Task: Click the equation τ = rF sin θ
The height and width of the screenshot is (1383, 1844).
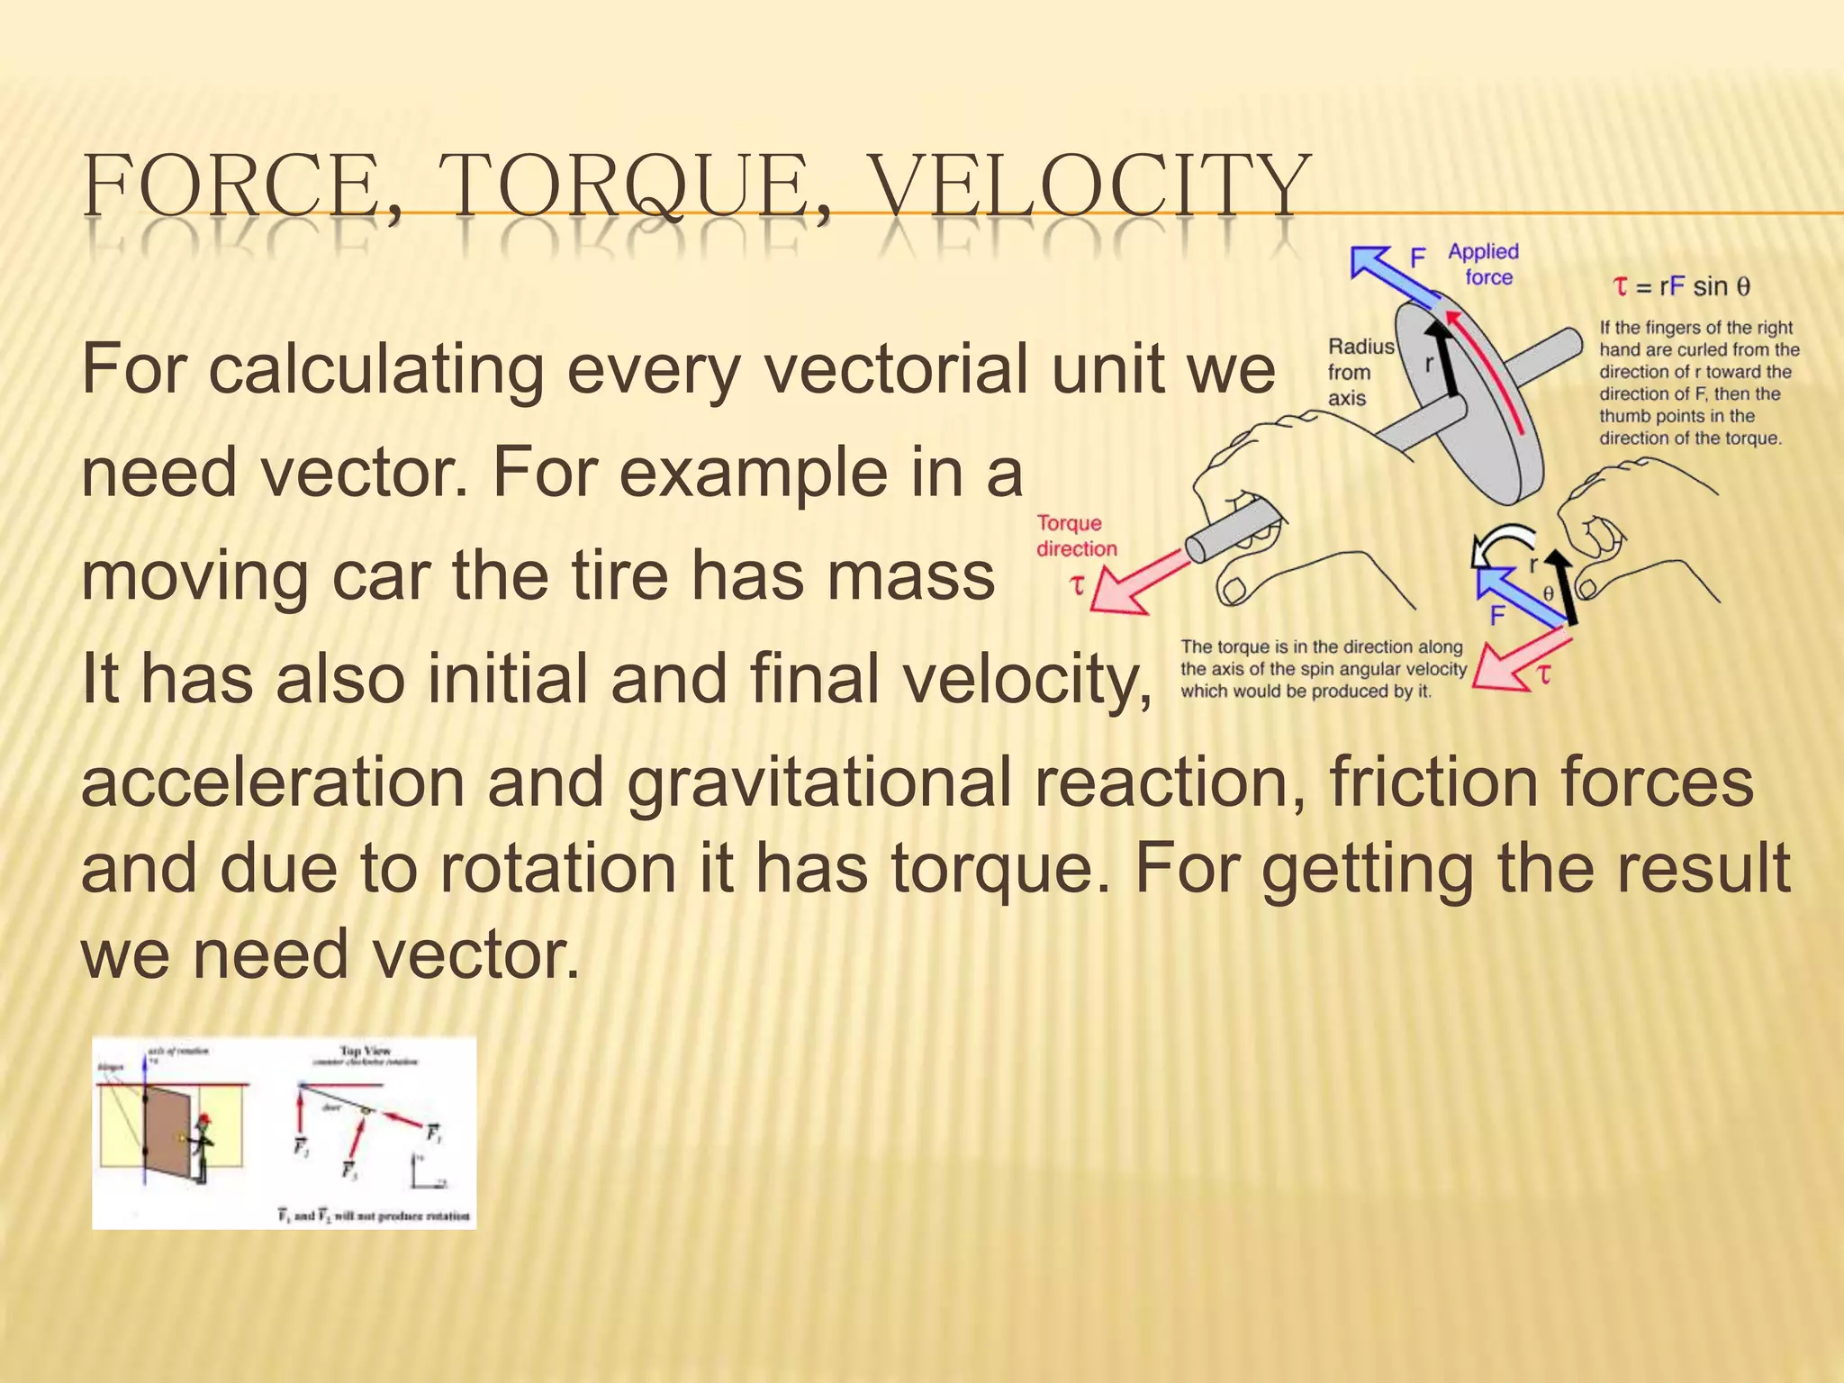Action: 1680,287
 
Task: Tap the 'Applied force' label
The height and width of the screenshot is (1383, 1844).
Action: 1484,265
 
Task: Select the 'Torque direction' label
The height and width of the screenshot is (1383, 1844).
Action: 1075,536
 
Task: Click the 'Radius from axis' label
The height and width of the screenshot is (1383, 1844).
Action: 1359,372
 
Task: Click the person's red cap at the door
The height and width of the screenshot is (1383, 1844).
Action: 205,1118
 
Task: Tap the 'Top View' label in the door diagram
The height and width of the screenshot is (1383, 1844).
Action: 365,1051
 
